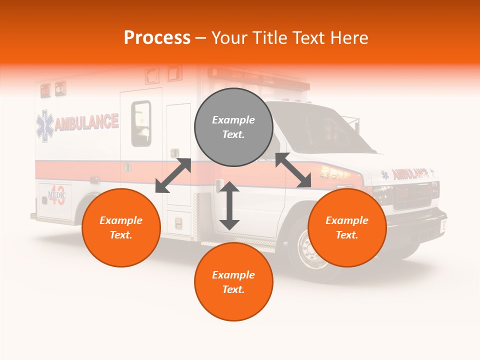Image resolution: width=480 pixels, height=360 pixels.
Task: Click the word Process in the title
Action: coord(157,38)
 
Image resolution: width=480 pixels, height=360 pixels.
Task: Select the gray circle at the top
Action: coord(233,127)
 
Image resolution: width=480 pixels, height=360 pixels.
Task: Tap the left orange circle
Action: coord(121,227)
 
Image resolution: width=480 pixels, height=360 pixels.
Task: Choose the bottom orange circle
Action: coord(233,282)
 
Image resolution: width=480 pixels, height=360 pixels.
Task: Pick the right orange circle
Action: coord(347,227)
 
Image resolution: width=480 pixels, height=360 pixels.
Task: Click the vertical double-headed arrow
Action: coord(229,205)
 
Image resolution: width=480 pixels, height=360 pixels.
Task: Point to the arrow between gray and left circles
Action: coord(173,175)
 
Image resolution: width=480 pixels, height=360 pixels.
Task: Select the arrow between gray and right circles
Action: coord(293,170)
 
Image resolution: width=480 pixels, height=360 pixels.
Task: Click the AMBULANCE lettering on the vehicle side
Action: coord(86,122)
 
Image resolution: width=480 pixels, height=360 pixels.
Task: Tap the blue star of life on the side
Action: coord(44,126)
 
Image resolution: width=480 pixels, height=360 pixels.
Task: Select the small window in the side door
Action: coord(141,123)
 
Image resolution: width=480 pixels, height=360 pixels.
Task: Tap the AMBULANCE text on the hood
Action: coord(410,173)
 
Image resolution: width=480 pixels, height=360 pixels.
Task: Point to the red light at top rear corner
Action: coord(45,90)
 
